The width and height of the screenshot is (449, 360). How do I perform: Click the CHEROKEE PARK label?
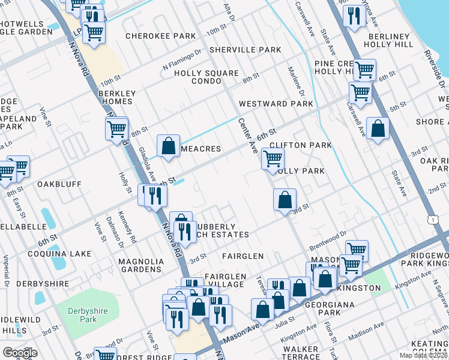click(160, 36)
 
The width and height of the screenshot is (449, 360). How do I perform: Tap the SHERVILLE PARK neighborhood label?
click(245, 50)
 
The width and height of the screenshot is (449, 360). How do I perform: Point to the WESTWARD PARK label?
click(276, 104)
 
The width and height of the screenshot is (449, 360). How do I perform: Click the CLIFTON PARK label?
click(300, 145)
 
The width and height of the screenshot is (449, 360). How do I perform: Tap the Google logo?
click(20, 352)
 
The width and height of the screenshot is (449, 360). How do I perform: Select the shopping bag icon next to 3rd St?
click(285, 200)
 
